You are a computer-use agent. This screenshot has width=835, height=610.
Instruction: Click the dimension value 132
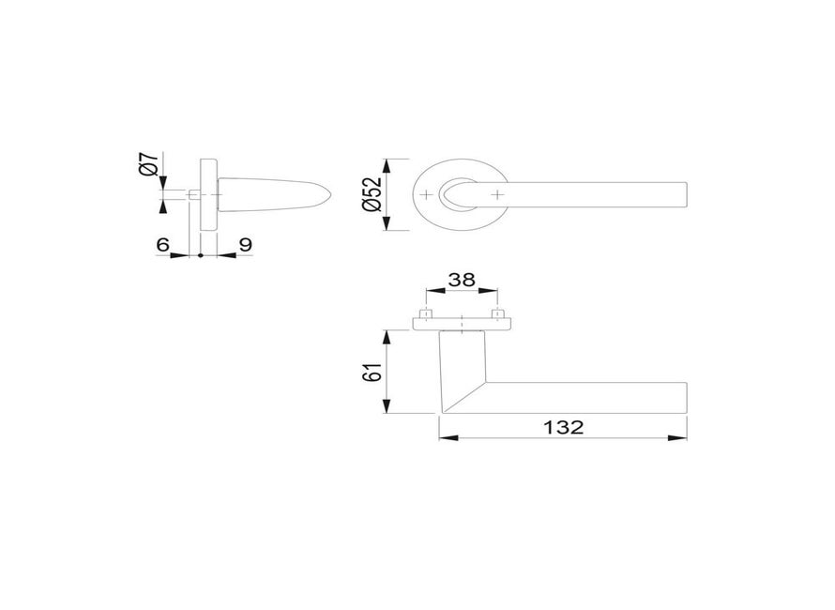point(563,427)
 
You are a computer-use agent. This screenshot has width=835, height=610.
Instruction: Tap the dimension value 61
point(372,371)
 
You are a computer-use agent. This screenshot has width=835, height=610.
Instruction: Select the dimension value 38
point(460,279)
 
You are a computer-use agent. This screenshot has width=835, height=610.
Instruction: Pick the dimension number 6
point(162,244)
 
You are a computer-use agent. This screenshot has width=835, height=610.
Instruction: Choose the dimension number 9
point(245,244)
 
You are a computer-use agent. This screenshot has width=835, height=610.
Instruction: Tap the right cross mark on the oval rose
point(497,195)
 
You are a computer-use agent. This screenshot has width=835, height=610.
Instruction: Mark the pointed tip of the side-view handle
point(330,195)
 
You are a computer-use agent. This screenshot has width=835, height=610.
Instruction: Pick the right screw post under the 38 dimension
point(497,313)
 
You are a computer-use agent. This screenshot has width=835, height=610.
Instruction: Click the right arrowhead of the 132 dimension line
point(681,437)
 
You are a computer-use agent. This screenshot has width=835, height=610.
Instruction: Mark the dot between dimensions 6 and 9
point(200,255)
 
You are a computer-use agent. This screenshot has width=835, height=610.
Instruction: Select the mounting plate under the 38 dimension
point(462,324)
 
